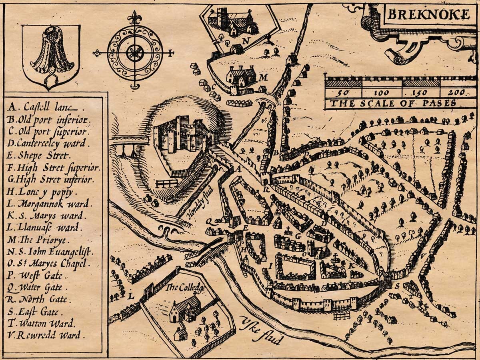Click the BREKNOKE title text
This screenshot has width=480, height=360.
click(x=429, y=15)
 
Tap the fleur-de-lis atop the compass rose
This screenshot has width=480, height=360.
click(x=135, y=18)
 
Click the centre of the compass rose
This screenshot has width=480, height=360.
click(x=135, y=52)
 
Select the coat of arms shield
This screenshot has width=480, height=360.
click(x=51, y=55)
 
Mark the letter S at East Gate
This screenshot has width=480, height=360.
click(x=397, y=286)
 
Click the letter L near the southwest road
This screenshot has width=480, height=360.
click(x=130, y=296)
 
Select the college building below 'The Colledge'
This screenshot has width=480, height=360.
click(x=184, y=310)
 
